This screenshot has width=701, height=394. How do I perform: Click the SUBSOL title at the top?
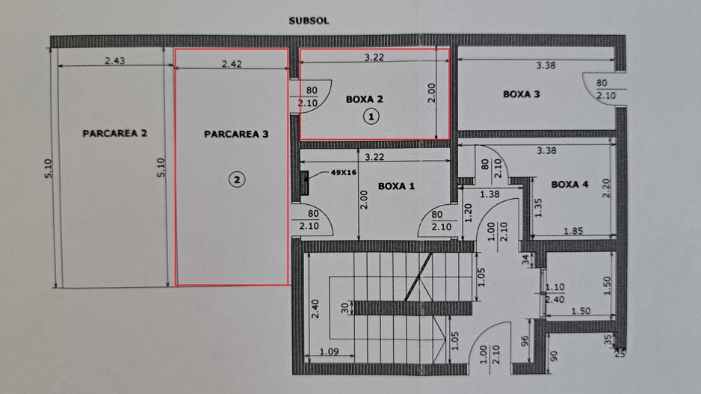(309, 21)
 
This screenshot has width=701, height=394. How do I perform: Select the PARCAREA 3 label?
(235, 135)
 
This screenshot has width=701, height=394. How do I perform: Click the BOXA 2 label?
(364, 99)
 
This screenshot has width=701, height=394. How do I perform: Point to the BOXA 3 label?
(521, 94)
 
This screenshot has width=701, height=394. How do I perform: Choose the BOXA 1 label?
(397, 186)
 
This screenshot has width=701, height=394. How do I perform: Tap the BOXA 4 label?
(569, 184)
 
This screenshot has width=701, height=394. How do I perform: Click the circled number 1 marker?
(371, 116)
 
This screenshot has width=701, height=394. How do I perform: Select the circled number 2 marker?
(236, 179)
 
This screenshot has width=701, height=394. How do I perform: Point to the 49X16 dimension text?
(344, 173)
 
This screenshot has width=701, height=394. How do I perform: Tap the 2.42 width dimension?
(232, 64)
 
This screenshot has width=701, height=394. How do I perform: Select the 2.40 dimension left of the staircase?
(316, 309)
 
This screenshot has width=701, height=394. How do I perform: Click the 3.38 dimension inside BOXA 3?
(546, 66)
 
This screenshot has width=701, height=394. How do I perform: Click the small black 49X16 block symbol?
(306, 182)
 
